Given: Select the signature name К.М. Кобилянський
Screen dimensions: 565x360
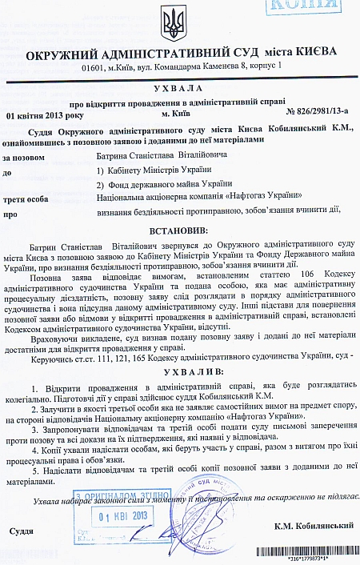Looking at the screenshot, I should tap(313, 527).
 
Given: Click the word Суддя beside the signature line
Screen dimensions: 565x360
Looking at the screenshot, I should tap(21, 531).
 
